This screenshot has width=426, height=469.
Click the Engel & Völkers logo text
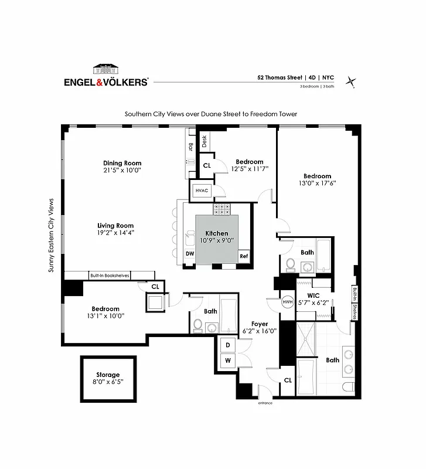click(106, 83)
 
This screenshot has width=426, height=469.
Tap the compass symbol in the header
click(351, 81)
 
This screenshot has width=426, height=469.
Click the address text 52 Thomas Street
click(280, 77)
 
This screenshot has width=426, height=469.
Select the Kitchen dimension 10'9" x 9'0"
click(217, 240)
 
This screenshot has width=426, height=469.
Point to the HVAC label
click(201, 190)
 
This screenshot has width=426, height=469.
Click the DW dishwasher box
click(190, 253)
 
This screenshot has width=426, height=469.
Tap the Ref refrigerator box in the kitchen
click(243, 256)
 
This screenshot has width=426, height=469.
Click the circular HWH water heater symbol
click(287, 302)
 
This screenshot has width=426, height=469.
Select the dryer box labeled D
click(227, 345)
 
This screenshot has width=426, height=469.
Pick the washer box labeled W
click(227, 360)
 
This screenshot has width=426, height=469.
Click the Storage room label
click(108, 375)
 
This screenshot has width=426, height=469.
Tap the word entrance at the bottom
click(265, 403)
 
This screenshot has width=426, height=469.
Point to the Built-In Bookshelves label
click(110, 276)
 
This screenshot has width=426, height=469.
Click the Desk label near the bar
click(205, 141)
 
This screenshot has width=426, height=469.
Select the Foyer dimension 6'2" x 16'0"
click(260, 331)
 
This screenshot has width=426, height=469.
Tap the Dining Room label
click(122, 163)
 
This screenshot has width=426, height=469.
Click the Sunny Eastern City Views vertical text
click(52, 235)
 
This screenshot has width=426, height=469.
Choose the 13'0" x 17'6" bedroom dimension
click(317, 183)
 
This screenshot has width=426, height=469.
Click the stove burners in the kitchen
click(222, 208)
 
